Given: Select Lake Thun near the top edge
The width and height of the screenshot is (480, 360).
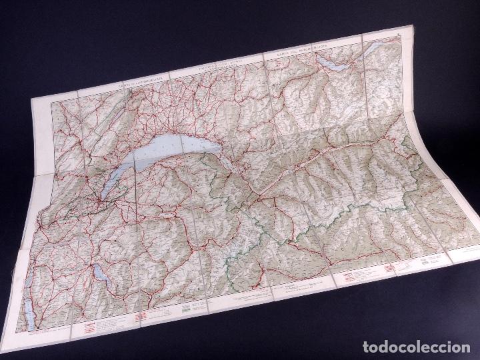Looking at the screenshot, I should [x=333, y=61].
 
